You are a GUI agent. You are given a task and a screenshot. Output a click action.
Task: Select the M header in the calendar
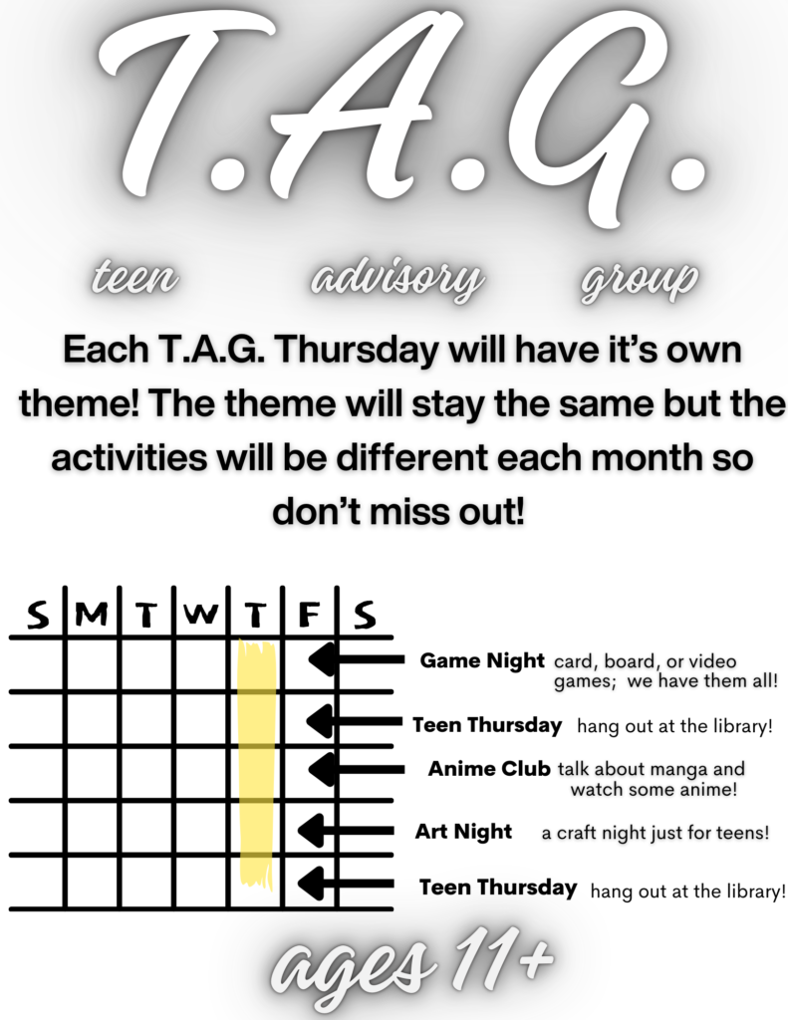[x=92, y=614]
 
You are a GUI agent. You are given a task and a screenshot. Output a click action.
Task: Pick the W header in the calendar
[x=201, y=614]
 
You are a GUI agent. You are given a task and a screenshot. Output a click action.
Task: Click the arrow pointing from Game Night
[x=356, y=659]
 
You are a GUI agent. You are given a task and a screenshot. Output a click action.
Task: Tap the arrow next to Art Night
[x=346, y=831]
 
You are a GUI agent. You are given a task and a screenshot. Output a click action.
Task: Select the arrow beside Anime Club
[x=356, y=769]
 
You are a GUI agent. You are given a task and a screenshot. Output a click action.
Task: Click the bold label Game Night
[x=482, y=660]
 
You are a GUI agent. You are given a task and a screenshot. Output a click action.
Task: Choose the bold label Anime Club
[x=489, y=769]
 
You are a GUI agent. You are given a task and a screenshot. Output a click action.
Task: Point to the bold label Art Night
[x=464, y=832]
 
